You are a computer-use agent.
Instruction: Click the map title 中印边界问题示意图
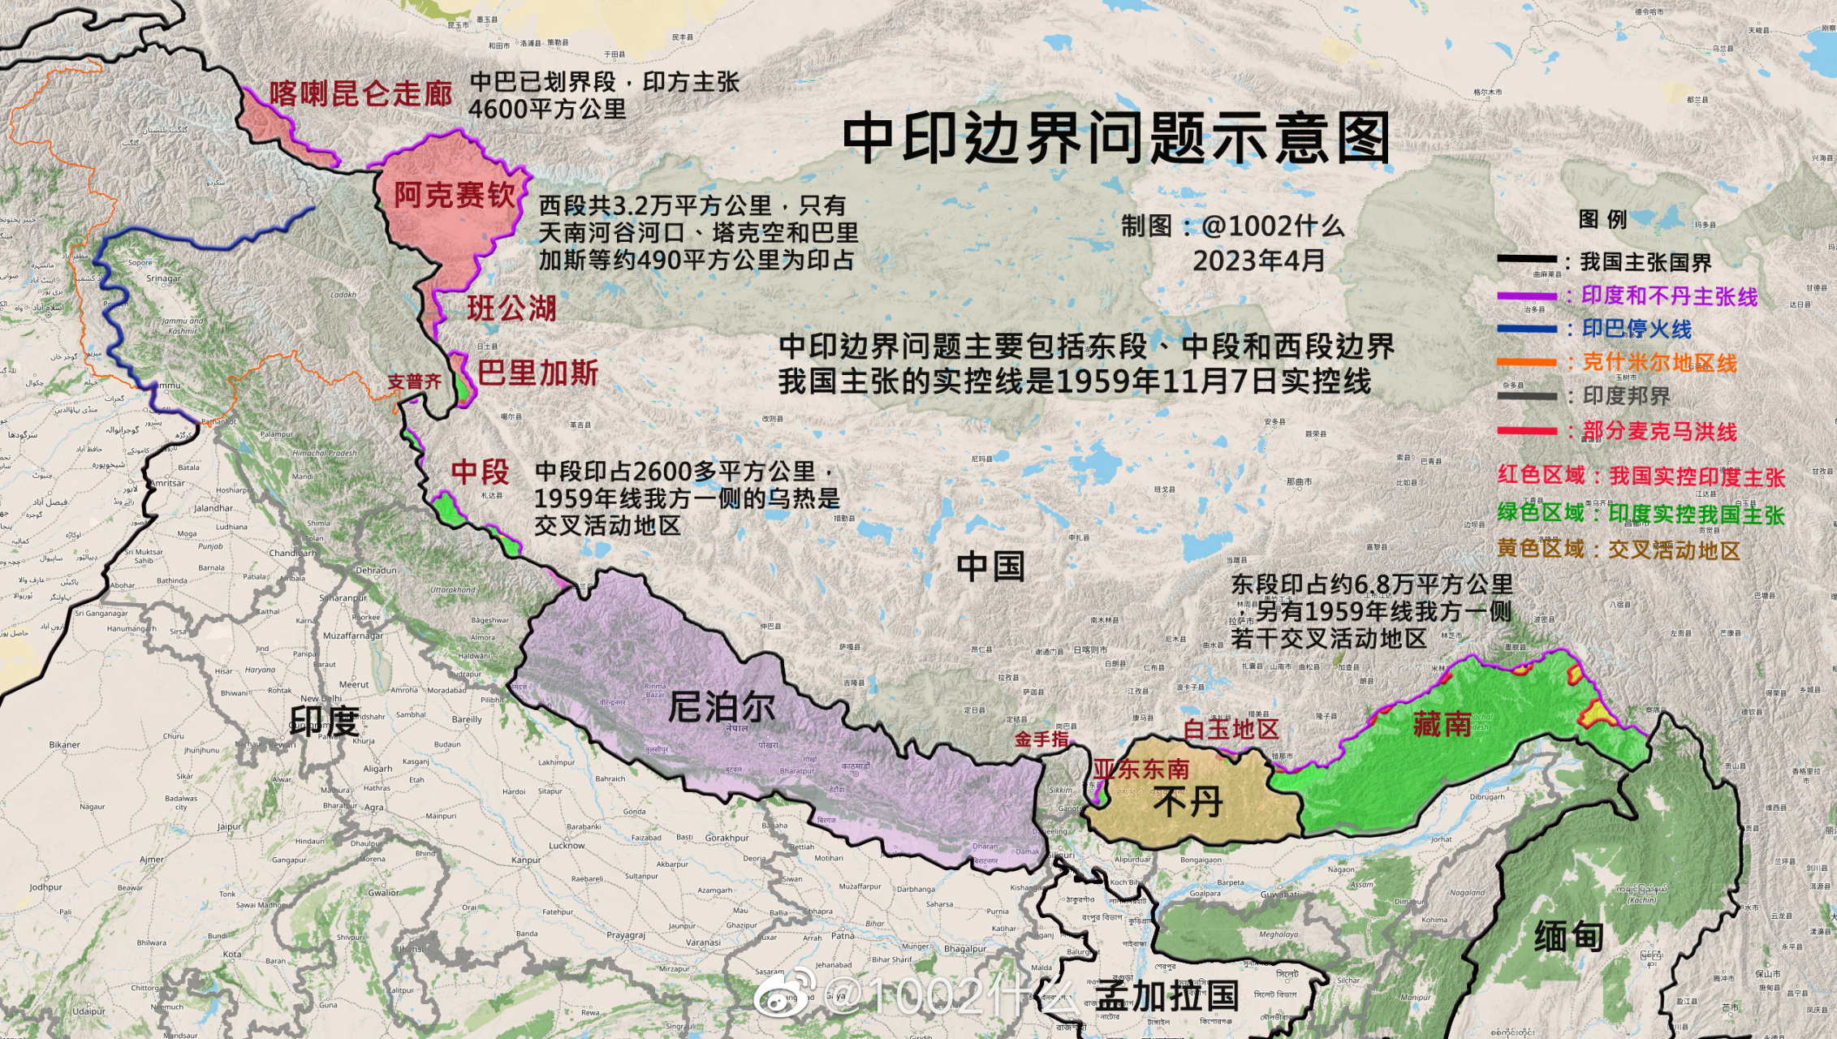1116,138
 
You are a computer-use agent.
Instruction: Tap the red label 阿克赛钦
455,195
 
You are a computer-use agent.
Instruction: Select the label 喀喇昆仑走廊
361,93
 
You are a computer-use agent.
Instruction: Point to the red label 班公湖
511,308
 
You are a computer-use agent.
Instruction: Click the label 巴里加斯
537,373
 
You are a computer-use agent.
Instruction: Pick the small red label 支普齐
414,382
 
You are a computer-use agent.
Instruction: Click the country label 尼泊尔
721,707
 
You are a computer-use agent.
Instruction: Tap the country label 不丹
1188,803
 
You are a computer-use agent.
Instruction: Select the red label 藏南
1442,723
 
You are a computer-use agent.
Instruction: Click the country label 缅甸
1568,936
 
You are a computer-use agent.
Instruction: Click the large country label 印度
325,720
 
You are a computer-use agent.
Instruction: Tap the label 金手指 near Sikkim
1041,739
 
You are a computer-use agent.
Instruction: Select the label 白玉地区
1231,729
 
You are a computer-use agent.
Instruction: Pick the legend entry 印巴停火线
1636,329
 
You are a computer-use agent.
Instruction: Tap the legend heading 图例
1602,219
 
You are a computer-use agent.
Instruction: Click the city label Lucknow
567,845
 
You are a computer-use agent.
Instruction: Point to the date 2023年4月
1258,260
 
